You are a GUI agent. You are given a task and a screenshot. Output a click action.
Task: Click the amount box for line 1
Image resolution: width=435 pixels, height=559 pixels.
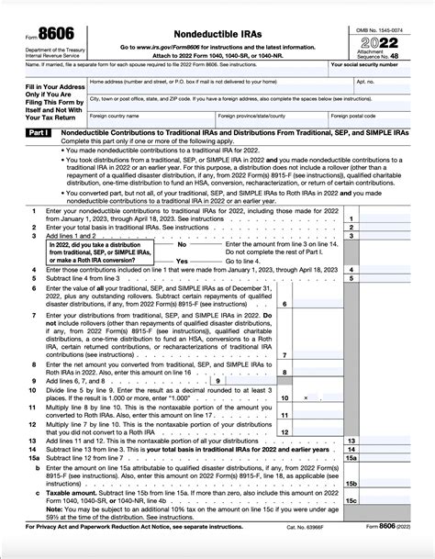395,219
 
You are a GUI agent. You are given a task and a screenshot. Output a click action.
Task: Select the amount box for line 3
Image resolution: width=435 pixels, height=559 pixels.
395,236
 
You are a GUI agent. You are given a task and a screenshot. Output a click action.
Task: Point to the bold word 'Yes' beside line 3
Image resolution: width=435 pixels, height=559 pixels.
181,261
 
